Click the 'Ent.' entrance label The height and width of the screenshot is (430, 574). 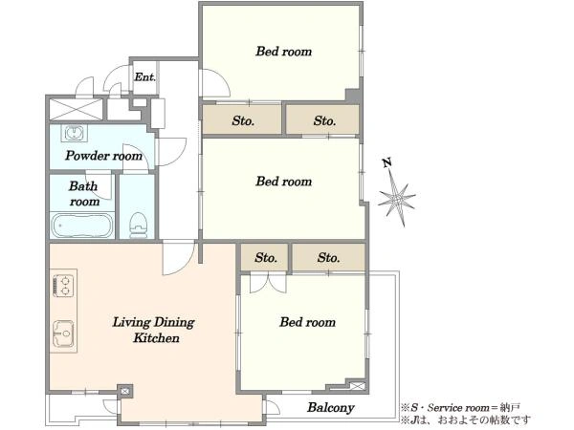(x=145, y=77)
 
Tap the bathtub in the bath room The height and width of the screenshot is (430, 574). (x=82, y=226)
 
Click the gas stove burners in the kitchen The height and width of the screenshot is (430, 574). (x=63, y=286)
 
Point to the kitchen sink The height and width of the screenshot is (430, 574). (x=63, y=333)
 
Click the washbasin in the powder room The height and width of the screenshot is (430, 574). (x=76, y=133)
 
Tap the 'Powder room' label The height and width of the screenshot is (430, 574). (x=104, y=156)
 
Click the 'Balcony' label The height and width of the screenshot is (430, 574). (x=331, y=408)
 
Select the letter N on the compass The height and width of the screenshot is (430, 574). (x=386, y=162)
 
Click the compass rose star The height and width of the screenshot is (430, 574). (x=397, y=199)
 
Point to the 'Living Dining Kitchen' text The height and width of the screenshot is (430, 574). (x=154, y=330)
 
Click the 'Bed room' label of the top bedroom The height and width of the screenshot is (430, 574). (x=284, y=52)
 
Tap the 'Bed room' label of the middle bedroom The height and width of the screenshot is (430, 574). (x=284, y=182)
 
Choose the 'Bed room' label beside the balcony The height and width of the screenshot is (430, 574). (x=307, y=322)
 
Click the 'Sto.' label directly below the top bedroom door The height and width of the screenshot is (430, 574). (x=243, y=120)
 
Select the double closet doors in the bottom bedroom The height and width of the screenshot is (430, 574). (x=268, y=284)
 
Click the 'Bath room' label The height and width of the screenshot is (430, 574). (x=84, y=194)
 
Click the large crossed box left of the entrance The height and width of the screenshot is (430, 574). (x=76, y=109)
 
